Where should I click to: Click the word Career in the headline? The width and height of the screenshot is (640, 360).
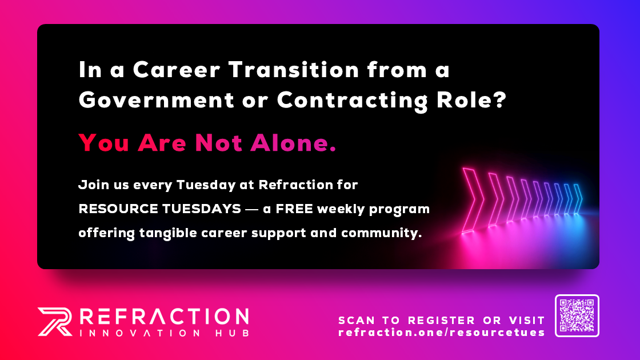click(x=177, y=70)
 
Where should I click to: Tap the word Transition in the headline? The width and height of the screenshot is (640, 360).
click(x=294, y=69)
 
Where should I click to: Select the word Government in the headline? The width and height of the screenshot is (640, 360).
click(x=157, y=100)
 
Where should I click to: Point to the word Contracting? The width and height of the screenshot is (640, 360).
click(x=352, y=101)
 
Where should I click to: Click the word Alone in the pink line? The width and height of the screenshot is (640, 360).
click(x=293, y=143)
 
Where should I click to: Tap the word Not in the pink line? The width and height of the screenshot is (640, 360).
click(x=218, y=143)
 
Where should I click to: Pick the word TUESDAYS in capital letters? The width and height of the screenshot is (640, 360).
click(x=202, y=209)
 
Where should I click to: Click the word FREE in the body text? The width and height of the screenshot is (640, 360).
click(x=294, y=209)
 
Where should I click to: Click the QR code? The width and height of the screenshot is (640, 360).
click(x=577, y=315)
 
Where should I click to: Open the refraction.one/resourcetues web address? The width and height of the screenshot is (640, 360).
click(x=442, y=332)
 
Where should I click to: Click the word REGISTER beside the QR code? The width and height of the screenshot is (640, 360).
click(x=442, y=321)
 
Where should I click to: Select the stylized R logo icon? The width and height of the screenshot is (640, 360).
click(x=55, y=322)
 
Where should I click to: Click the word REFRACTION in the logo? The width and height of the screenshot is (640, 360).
click(x=164, y=317)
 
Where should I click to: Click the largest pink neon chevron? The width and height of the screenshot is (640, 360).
click(x=473, y=200)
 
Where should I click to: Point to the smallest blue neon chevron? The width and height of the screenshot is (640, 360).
click(x=578, y=199)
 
